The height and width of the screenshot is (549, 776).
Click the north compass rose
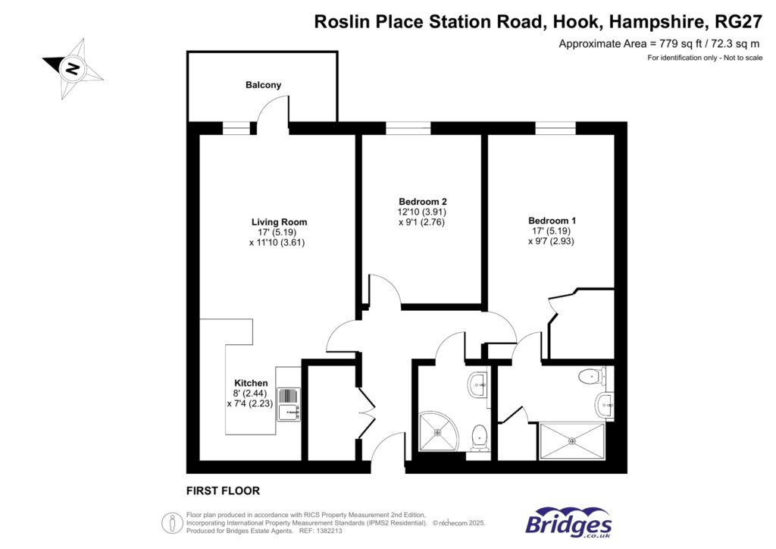(73, 68)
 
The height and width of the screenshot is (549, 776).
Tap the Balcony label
(263, 85)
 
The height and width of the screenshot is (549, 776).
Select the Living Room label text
(279, 222)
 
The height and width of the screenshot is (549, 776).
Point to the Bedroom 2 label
(424, 201)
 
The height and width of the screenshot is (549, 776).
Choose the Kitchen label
(251, 383)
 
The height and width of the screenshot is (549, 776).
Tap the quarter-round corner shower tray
(438, 431)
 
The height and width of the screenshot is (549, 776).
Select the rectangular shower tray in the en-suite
(572, 441)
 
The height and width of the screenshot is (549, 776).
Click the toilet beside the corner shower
(479, 438)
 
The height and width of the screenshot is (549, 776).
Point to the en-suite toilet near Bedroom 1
(590, 375)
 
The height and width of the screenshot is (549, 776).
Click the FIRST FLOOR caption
(223, 491)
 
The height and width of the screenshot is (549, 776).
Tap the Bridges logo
(568, 522)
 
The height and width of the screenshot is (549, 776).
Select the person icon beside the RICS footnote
(172, 523)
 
